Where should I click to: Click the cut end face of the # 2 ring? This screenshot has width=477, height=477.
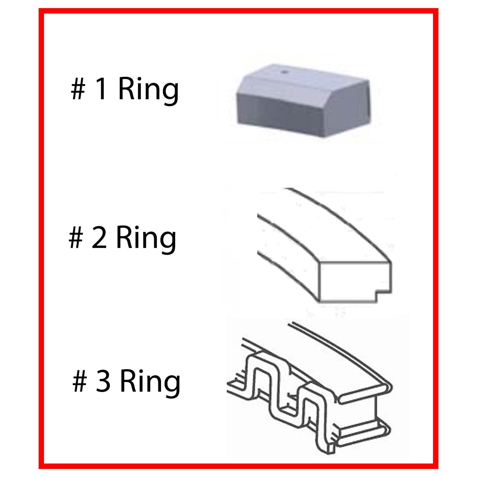tap(355, 281)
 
